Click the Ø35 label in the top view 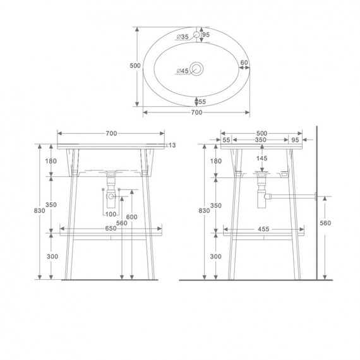[x=183, y=37]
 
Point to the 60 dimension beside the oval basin [x=244, y=63]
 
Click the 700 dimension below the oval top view [x=196, y=112]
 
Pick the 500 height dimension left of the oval [x=135, y=65]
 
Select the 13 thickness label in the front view [x=171, y=145]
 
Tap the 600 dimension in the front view [x=131, y=217]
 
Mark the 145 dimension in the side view [x=262, y=158]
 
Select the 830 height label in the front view [x=39, y=211]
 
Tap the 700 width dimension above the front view [x=111, y=133]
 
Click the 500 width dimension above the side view [x=262, y=133]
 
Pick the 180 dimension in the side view [x=216, y=161]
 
